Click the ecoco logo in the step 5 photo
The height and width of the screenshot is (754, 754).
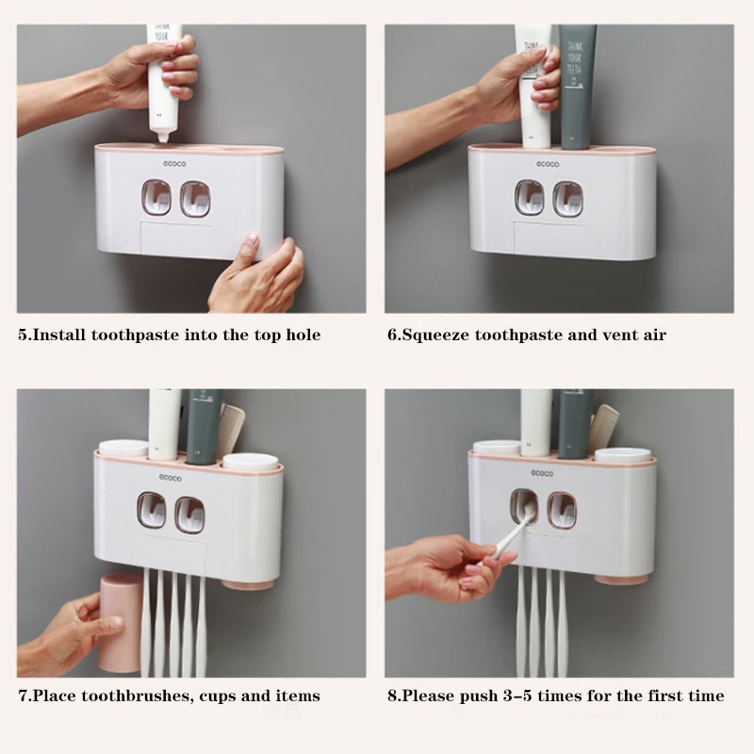pyautogui.click(x=174, y=164)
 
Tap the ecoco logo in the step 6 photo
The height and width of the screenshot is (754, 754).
pyautogui.click(x=548, y=164)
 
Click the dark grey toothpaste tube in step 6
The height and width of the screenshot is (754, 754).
pyautogui.click(x=577, y=87)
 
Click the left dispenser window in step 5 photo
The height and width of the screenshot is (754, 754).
pyautogui.click(x=156, y=198)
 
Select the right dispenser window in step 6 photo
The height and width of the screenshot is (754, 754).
pyautogui.click(x=568, y=199)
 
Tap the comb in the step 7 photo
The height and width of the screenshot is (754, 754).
pyautogui.click(x=230, y=431)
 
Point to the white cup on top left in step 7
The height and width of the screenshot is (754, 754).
pyautogui.click(x=123, y=449)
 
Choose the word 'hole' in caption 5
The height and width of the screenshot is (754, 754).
pyautogui.click(x=303, y=335)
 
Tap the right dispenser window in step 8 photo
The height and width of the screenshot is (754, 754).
pyautogui.click(x=562, y=510)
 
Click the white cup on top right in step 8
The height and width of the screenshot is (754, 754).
pyautogui.click(x=623, y=455)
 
